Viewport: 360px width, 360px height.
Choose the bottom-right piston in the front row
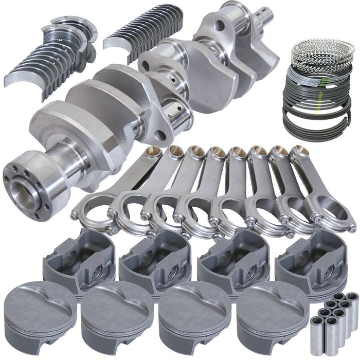pos(273,314)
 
